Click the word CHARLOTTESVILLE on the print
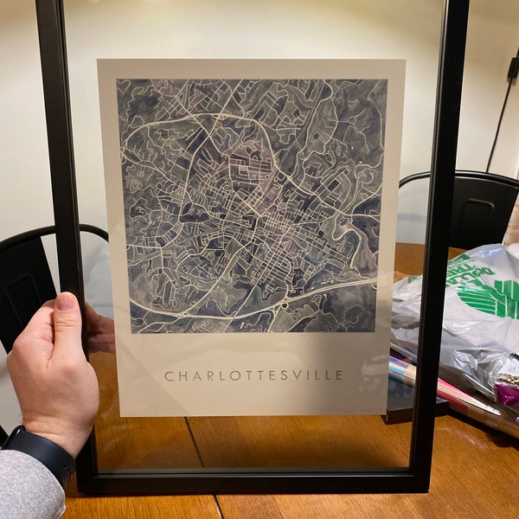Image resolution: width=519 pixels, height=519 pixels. point(253,375)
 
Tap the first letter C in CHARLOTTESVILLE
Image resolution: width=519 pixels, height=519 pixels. point(169,375)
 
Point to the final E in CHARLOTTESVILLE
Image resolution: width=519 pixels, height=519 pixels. point(339,375)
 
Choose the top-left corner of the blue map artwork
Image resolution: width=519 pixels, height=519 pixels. point(119,80)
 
